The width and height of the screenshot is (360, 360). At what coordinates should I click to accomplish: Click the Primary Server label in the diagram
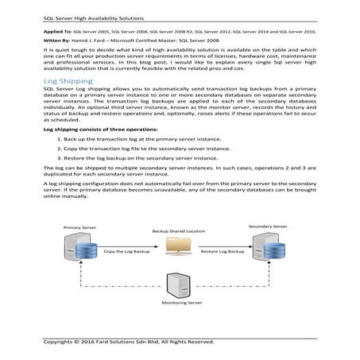(79, 227)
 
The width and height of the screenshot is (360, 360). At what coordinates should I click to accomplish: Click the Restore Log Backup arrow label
(223, 252)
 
